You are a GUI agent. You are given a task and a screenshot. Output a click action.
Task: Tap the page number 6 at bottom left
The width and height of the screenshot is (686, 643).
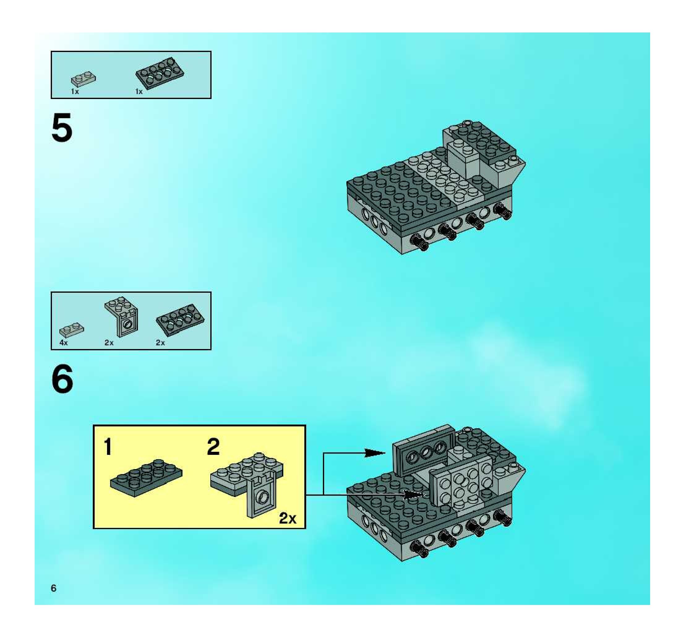[x=54, y=588]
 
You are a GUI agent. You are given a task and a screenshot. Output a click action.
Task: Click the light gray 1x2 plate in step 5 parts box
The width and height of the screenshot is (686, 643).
[x=84, y=79]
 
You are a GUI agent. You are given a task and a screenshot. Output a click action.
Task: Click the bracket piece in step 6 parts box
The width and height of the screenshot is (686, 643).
[x=121, y=316]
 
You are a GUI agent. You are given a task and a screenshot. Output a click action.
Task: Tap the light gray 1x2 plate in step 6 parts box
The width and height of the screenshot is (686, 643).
[x=72, y=330]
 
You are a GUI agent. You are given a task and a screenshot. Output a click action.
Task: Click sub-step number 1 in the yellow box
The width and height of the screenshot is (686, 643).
[x=108, y=447]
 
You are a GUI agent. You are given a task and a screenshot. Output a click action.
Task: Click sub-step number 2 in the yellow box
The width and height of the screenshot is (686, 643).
[x=213, y=447]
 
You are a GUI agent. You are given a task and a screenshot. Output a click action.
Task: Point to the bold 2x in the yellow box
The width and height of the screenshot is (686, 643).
[x=288, y=518]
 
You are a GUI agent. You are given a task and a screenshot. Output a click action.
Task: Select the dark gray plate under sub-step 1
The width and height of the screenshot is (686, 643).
[x=146, y=478]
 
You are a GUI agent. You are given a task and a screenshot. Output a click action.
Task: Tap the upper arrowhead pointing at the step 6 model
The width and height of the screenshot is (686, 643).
[x=375, y=453]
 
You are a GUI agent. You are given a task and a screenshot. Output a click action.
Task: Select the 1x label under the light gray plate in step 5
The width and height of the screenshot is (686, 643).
[x=75, y=92]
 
